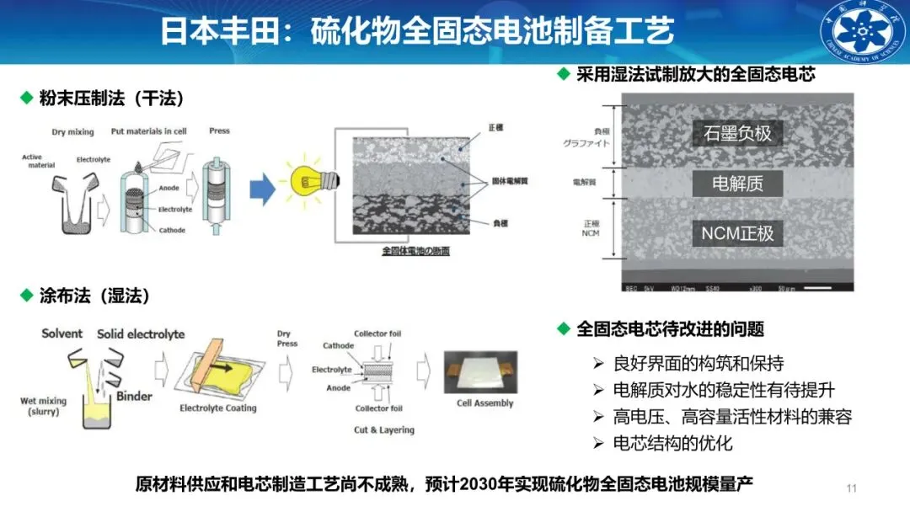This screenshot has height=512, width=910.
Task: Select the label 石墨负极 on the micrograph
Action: [737, 133]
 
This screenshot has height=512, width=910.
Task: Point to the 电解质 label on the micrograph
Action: [737, 183]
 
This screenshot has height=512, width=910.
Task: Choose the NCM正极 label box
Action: [737, 233]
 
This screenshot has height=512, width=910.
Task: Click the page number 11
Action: [850, 488]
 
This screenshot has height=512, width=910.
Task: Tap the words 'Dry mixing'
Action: [71, 132]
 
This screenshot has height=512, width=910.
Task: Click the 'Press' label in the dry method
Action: [219, 131]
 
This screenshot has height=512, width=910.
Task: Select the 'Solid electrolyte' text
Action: [141, 333]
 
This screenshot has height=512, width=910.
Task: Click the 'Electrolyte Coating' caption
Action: [218, 408]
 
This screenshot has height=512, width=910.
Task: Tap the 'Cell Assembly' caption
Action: [484, 403]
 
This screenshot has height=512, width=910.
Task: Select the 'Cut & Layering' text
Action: [384, 430]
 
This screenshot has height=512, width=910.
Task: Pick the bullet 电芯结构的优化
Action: [672, 443]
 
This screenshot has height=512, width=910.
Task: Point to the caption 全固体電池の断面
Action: [415, 250]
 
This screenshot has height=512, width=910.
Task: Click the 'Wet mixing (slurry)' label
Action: [42, 407]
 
